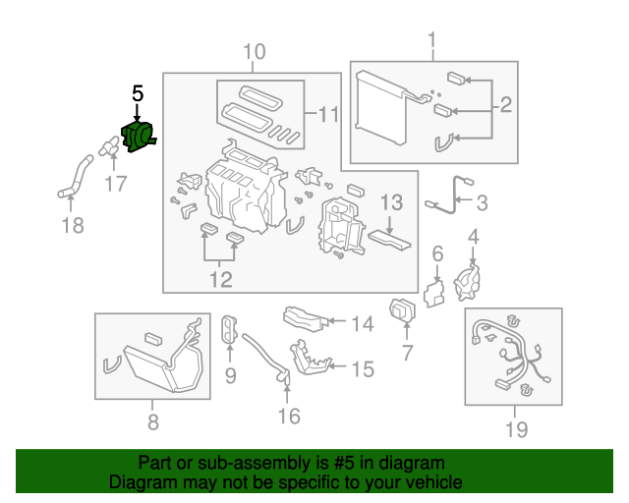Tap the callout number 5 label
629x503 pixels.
coord(138,94)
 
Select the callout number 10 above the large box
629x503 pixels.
coord(254,51)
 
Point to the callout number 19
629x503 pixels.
coord(515,428)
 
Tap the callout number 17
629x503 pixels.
coord(116,184)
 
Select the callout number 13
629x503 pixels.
coord(391,203)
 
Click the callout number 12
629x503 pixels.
coord(220,280)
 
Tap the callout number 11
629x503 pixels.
coord(327,115)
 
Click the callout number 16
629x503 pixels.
coord(287,417)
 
